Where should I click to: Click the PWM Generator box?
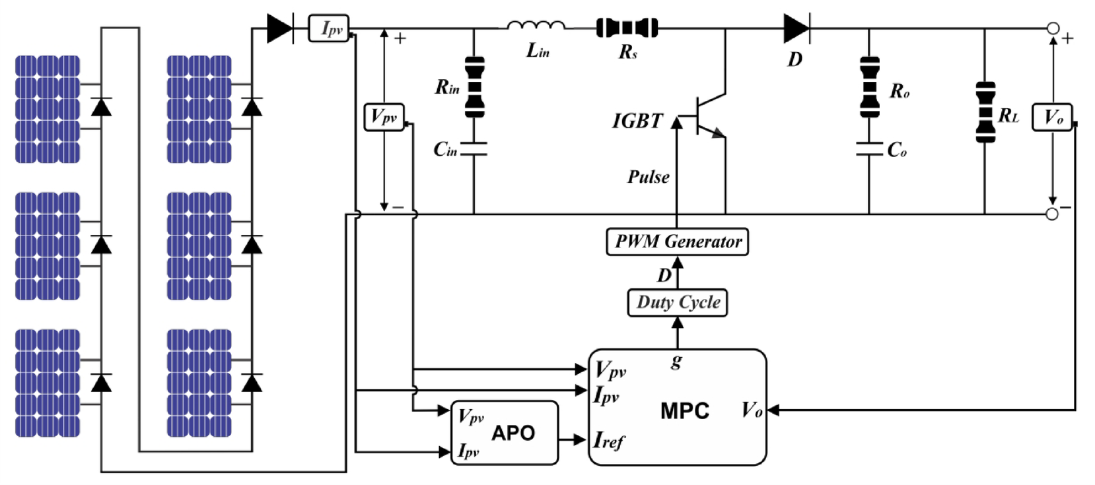tap(677, 242)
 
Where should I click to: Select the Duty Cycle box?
tap(677, 303)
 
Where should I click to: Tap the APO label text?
tap(512, 433)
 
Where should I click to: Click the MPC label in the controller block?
tap(684, 411)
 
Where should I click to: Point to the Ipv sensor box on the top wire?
tap(329, 28)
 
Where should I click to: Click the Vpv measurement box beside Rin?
tap(384, 117)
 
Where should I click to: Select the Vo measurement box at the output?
tap(1051, 117)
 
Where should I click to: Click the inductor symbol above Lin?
tap(536, 26)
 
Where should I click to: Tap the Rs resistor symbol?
tap(627, 28)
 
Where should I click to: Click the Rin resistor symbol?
tap(474, 87)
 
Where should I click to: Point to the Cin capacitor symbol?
tap(474, 149)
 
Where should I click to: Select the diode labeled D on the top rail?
tap(796, 28)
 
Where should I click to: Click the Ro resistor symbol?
tap(869, 87)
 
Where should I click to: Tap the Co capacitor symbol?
tap(869, 149)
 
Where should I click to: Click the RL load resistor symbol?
tap(985, 112)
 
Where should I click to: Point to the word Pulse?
tap(648, 177)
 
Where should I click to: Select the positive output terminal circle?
tap(1053, 28)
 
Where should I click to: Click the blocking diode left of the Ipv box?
tap(280, 28)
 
